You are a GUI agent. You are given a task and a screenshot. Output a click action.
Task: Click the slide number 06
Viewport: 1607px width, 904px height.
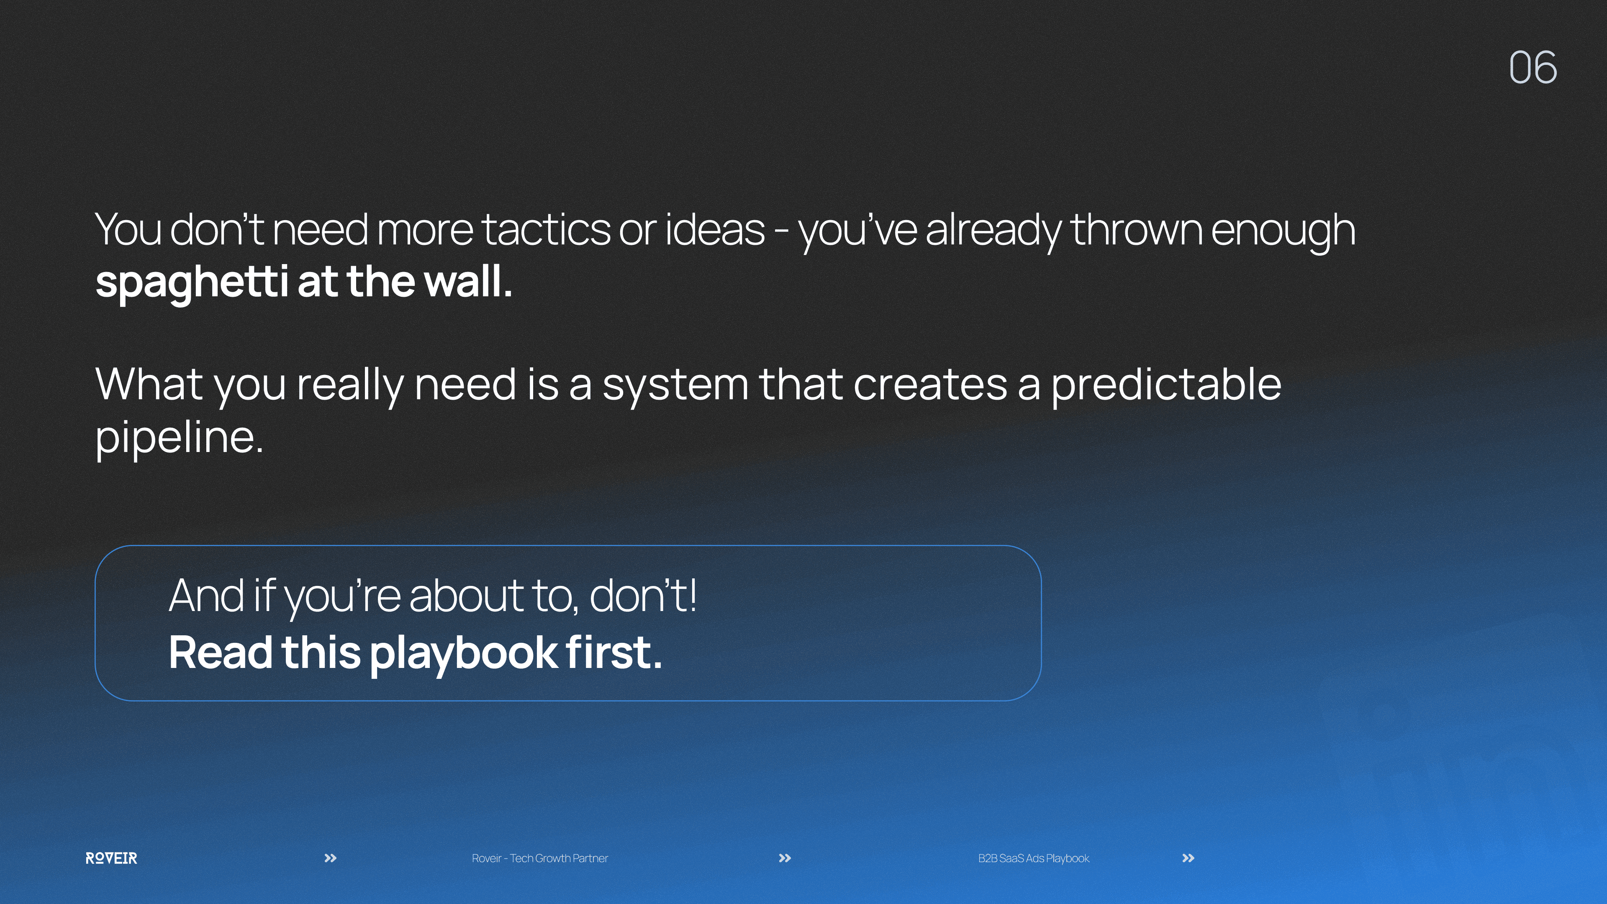[x=1533, y=67]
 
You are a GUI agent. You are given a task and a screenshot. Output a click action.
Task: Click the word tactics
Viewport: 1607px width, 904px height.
[x=546, y=230]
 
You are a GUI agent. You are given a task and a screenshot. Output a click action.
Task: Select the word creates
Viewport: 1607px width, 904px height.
[x=930, y=385]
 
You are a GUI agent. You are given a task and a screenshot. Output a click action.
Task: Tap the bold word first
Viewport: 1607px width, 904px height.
[x=614, y=652]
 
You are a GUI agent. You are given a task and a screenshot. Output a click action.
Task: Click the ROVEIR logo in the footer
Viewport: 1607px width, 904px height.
[x=111, y=858]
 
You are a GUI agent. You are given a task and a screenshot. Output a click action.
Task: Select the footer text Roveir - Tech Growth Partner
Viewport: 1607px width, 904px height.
[x=539, y=858]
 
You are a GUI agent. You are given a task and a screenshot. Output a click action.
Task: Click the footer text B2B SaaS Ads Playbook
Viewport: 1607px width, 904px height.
[x=1034, y=858]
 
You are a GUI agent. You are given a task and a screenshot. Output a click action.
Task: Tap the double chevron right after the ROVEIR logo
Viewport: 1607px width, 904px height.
[x=331, y=858]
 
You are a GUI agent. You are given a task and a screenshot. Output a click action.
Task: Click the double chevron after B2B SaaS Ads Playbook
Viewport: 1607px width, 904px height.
[x=1189, y=858]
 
